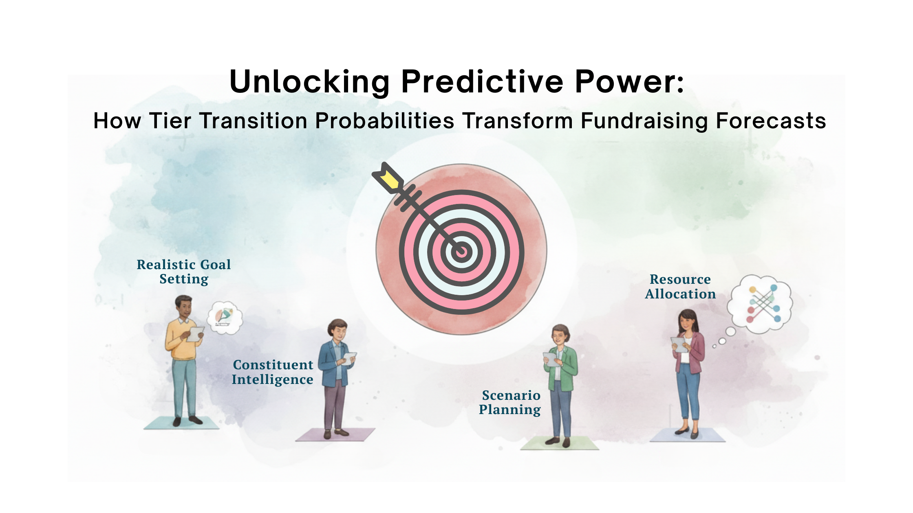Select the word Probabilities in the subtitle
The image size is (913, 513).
coord(384,121)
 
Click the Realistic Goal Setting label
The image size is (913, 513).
coord(184,272)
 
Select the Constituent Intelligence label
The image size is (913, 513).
coord(273,372)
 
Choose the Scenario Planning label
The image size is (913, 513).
coord(510,402)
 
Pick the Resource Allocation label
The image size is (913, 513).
coord(680,287)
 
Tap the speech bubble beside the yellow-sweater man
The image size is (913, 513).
coord(225,318)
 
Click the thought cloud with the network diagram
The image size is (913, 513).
coord(761,304)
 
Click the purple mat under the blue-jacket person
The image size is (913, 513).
coord(335,434)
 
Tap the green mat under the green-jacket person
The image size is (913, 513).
coord(560,443)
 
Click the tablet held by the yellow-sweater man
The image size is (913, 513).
coord(195,334)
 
